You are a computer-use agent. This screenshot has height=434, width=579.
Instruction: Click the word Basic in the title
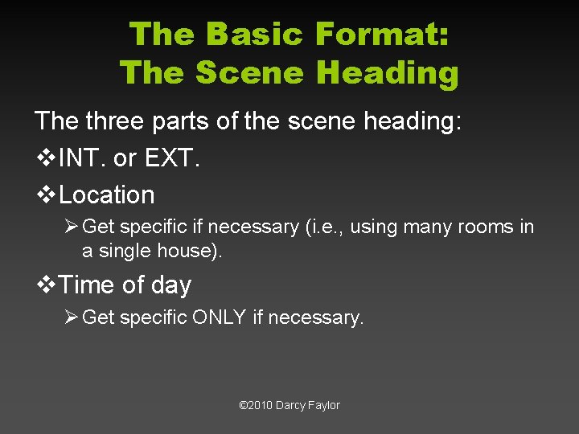pyautogui.click(x=254, y=35)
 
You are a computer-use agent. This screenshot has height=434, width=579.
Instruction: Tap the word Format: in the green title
pyautogui.click(x=382, y=35)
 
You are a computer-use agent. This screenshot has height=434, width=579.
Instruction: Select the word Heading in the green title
pyautogui.click(x=387, y=73)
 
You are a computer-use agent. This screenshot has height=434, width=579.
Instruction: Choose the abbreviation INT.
pyautogui.click(x=83, y=158)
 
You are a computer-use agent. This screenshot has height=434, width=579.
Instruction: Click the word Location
pyautogui.click(x=106, y=194)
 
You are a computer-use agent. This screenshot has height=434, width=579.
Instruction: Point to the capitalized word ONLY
pyautogui.click(x=219, y=317)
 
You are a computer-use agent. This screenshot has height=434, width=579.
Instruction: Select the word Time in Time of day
pyautogui.click(x=85, y=285)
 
